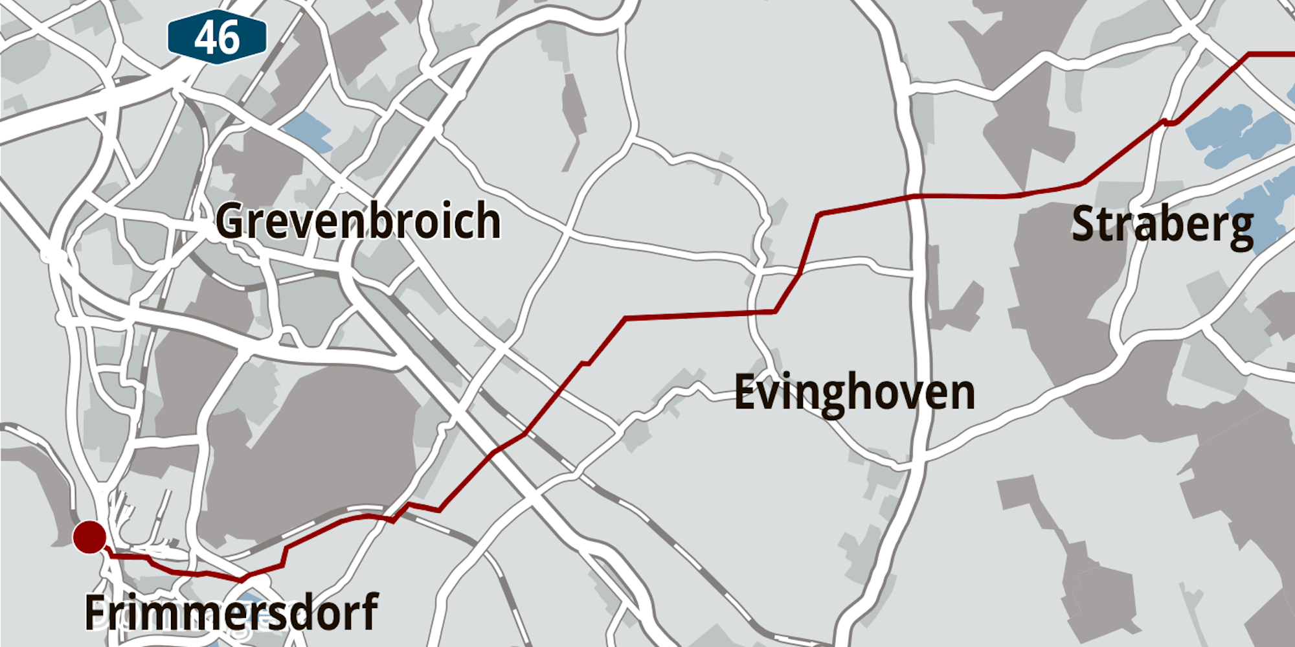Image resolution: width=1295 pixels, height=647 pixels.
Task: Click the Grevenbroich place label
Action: [x=358, y=221]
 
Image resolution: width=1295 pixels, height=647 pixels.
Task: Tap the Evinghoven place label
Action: [x=854, y=392]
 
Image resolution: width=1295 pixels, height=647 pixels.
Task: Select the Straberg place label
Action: [x=1162, y=225]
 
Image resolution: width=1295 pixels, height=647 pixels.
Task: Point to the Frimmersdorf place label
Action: [x=231, y=612]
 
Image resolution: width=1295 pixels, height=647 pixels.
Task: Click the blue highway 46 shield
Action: [x=217, y=37]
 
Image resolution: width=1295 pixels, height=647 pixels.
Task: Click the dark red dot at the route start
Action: [x=89, y=537]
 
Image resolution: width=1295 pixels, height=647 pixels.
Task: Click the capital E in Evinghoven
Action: [x=745, y=392]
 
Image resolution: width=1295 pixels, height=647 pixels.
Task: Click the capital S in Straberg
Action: [x=1084, y=225]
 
